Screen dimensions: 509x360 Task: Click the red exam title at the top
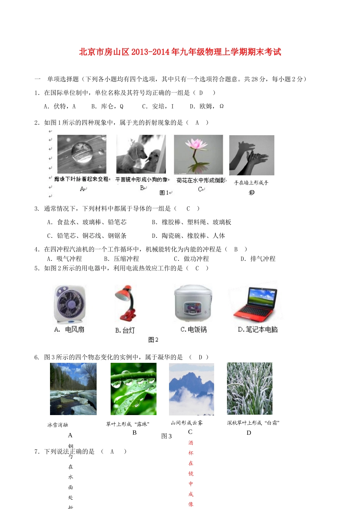(x=180, y=52)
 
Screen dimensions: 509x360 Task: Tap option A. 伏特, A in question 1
(x=60, y=106)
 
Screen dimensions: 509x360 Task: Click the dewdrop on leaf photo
(x=81, y=154)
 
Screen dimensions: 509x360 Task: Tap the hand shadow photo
(x=252, y=155)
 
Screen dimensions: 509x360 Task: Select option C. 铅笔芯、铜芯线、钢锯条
(x=87, y=236)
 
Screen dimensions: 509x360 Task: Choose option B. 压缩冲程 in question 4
(x=122, y=259)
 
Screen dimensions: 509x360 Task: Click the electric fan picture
(x=69, y=305)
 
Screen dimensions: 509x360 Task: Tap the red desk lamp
(x=125, y=303)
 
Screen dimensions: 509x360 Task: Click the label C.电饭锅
(x=194, y=329)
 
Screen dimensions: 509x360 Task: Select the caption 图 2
(x=153, y=340)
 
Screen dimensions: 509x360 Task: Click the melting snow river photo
(x=73, y=389)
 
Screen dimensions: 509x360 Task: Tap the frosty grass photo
(x=249, y=389)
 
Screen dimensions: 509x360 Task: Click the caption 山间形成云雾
(x=186, y=423)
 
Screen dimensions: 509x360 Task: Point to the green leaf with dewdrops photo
(x=133, y=389)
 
